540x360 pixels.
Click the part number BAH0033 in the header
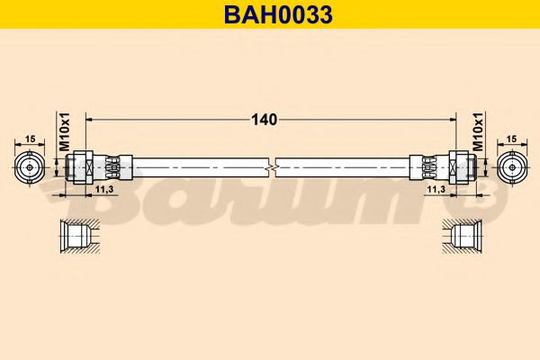tap(269, 14)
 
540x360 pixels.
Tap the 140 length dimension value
tap(264, 119)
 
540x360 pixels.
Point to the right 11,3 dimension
tap(436, 190)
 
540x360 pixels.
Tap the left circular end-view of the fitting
tap(30, 166)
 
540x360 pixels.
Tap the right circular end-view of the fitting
tap(512, 166)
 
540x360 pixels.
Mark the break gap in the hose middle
tap(273, 166)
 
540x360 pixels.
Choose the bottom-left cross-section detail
tap(79, 236)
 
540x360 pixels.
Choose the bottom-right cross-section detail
tap(461, 236)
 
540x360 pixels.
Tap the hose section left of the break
tap(198, 166)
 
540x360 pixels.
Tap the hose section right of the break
tap(342, 166)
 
